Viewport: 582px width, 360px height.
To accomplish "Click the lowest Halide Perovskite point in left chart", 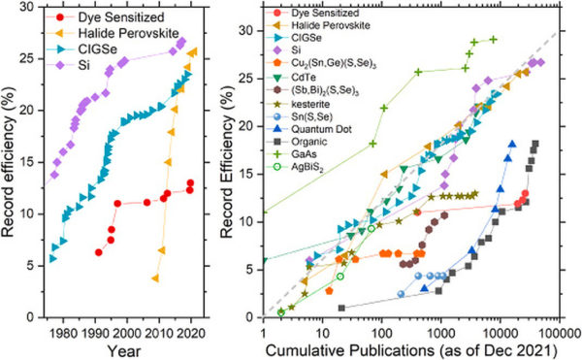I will point(155,278).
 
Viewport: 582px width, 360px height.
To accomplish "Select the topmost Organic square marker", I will point(534,145).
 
